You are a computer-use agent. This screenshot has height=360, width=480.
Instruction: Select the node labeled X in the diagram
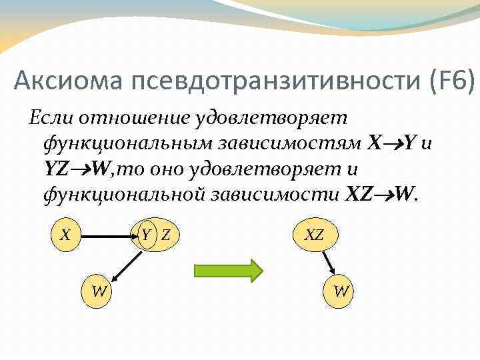pos(65,235)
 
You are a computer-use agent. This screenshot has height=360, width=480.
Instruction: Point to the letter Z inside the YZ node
pos(165,235)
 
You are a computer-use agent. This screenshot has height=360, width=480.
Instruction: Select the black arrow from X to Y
pos(107,235)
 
